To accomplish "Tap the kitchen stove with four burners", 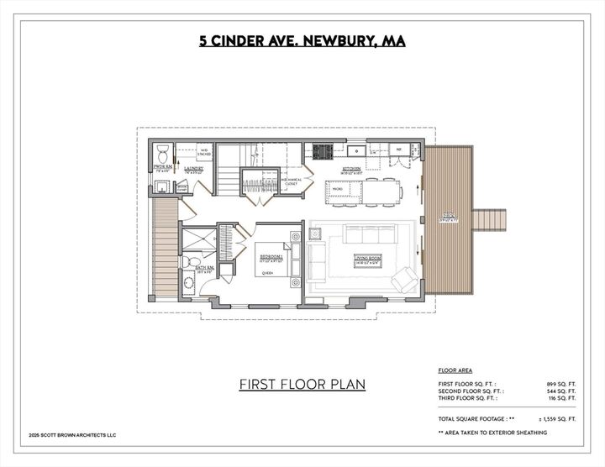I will tap(322, 152).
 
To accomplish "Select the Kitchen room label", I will tap(351, 169).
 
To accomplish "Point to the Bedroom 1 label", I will tap(271, 258).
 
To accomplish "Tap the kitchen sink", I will tap(355, 151).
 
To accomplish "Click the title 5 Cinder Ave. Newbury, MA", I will tap(302, 39).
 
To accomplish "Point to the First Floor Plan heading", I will tap(302, 384).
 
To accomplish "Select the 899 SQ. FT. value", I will tap(560, 383).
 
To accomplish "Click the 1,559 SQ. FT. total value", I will tap(560, 417).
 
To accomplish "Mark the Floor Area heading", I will tap(455, 370).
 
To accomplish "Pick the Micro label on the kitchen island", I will tap(336, 190).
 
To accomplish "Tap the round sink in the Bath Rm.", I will tap(189, 283).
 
